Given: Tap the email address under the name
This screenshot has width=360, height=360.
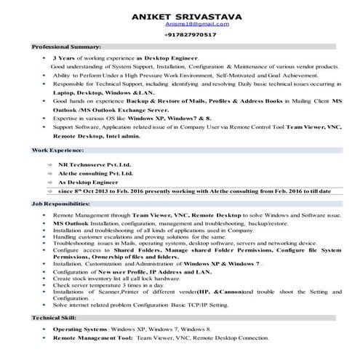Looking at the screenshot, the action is [x=180, y=24].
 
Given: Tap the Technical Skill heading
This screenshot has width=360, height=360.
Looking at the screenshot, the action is [x=53, y=319].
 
